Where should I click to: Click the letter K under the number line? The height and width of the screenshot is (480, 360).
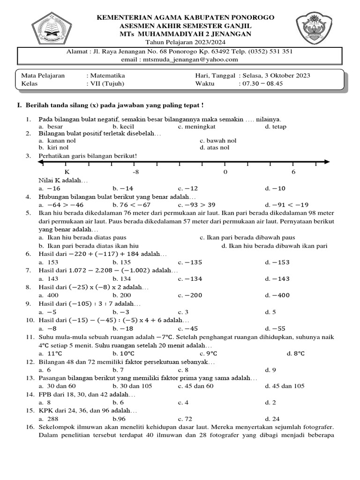pos(66,172)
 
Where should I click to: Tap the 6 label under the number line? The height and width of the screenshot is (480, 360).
pos(293,172)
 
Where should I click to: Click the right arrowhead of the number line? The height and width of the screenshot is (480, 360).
pos(327,162)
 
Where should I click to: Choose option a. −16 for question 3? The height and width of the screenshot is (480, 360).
pos(50,188)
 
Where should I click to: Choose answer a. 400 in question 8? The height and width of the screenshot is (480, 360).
pos(49,295)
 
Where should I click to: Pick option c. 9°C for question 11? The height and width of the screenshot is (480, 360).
pos(209,353)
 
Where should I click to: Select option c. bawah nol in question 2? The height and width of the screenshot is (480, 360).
pos(218,140)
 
